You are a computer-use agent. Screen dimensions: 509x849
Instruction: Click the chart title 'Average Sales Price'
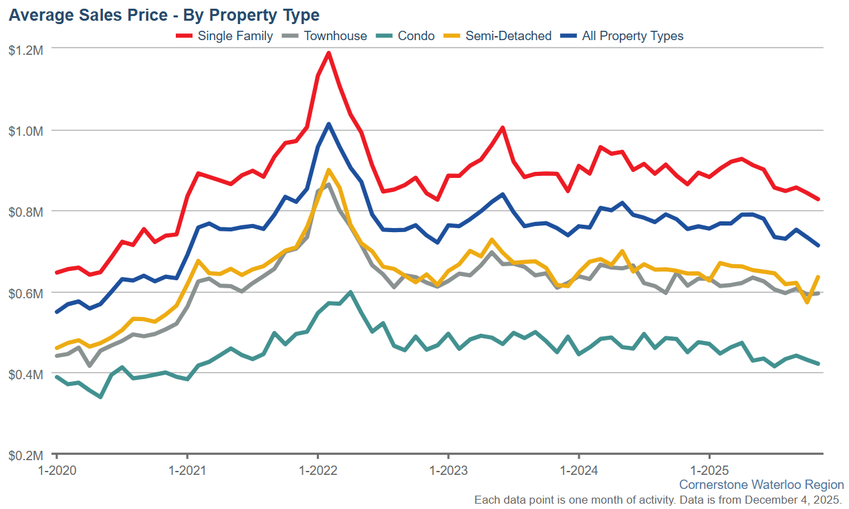163,15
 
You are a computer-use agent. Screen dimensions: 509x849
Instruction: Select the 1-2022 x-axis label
318,470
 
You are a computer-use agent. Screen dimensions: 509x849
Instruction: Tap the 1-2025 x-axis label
709,470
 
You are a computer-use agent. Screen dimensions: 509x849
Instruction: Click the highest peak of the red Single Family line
328,53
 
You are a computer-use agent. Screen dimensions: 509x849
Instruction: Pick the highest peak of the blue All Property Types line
328,124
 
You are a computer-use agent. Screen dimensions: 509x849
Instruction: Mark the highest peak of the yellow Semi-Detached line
328,170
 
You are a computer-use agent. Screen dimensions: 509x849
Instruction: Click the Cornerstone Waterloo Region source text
761,484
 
